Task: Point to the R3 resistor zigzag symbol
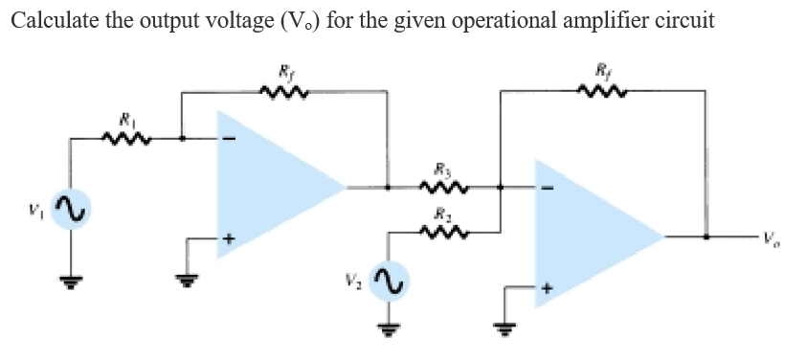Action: tap(445, 187)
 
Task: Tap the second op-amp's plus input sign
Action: tap(549, 286)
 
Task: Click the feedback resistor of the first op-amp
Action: tap(283, 92)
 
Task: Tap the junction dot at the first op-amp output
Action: tap(387, 187)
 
